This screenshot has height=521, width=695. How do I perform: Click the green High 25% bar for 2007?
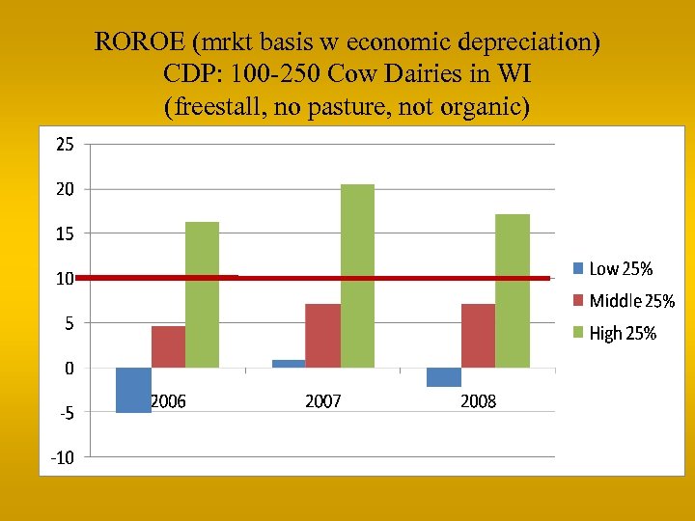pyautogui.click(x=357, y=276)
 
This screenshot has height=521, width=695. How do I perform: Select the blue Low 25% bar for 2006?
pyautogui.click(x=133, y=390)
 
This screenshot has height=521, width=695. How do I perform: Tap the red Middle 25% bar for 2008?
pyautogui.click(x=478, y=335)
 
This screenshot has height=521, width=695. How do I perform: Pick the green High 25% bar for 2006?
pyautogui.click(x=203, y=294)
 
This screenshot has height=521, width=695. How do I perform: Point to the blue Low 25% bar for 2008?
pyautogui.click(x=444, y=377)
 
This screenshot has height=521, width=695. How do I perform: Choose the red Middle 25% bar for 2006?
pyautogui.click(x=168, y=346)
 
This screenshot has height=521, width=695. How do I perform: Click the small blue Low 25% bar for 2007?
pyautogui.click(x=289, y=364)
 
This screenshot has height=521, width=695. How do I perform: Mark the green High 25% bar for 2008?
pyautogui.click(x=513, y=290)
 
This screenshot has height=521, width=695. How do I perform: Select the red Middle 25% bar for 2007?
pyautogui.click(x=322, y=335)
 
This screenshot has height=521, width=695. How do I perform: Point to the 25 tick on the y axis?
pyautogui.click(x=64, y=145)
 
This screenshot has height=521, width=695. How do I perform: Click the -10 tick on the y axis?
pyautogui.click(x=60, y=457)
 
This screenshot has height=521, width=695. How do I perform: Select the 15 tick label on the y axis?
pyautogui.click(x=64, y=233)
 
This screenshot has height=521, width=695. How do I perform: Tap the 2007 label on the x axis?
pyautogui.click(x=323, y=401)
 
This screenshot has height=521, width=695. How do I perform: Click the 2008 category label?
pyautogui.click(x=478, y=401)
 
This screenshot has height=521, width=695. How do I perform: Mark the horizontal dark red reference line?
pyautogui.click(x=386, y=278)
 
